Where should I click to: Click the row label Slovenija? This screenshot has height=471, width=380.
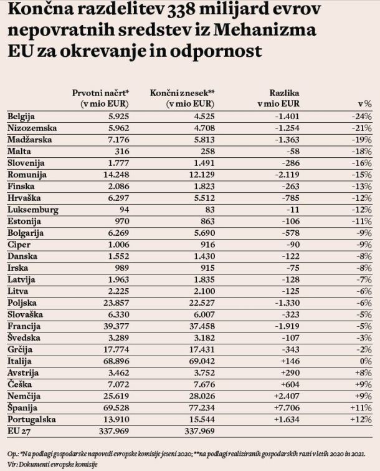tap(26, 163)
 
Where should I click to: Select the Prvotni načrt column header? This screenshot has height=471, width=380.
tap(100, 98)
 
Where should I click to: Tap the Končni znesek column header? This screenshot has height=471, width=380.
tap(183, 98)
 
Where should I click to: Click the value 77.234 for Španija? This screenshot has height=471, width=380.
tap(202, 407)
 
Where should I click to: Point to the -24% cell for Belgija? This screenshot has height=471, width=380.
tap(362, 116)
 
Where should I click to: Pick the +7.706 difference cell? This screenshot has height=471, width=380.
tap(287, 407)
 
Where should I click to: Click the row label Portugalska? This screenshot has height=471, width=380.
tap(32, 419)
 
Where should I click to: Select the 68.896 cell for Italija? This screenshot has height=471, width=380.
tap(116, 361)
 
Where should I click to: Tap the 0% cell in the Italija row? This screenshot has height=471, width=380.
tap(366, 361)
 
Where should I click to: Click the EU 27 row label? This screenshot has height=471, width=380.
tap(19, 431)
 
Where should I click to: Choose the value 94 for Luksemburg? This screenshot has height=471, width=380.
tap(123, 210)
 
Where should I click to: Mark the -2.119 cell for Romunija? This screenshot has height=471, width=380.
tap(287, 175)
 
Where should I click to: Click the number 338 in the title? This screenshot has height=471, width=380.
tap(181, 10)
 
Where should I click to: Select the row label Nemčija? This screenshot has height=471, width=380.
tap(24, 396)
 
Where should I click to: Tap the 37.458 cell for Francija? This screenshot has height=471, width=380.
tap(202, 326)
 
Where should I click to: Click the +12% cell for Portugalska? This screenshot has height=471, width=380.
tap(361, 419)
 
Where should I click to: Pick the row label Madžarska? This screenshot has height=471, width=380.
tap(30, 140)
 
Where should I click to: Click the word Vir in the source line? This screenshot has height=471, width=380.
tap(12, 465)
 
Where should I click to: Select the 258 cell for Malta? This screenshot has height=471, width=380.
tap(208, 152)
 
